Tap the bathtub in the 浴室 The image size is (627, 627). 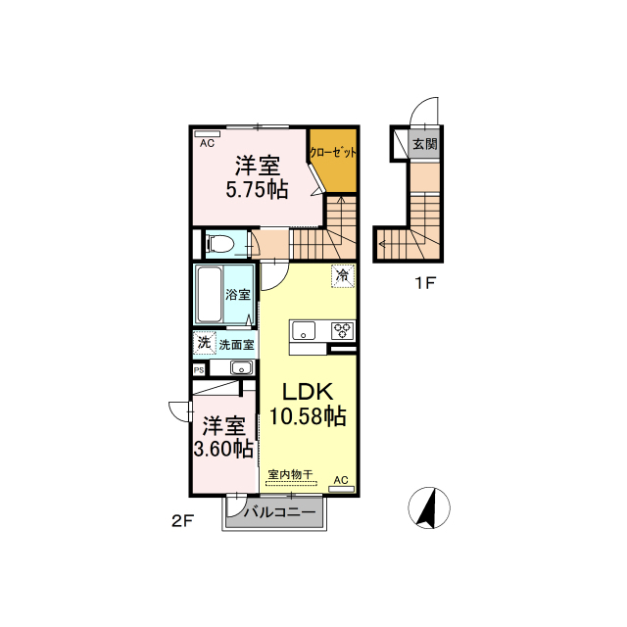[x=210, y=294]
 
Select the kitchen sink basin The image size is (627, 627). [x=304, y=331]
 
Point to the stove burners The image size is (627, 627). [x=343, y=331]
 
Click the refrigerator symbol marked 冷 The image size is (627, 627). [x=343, y=275]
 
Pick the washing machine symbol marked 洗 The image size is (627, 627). [x=205, y=343]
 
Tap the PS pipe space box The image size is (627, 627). [x=199, y=370]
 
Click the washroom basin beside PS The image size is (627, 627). [x=242, y=368]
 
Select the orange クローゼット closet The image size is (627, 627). [x=334, y=161]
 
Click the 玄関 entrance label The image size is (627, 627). [x=424, y=144]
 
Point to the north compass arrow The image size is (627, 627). [x=427, y=508]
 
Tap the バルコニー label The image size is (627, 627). [x=279, y=512]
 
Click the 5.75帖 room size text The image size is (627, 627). [x=257, y=189]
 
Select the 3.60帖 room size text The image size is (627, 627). [x=223, y=449]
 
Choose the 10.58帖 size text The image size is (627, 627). [x=308, y=415]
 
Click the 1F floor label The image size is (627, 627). [x=425, y=283]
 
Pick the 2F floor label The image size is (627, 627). [x=183, y=521]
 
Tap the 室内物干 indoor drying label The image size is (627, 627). [x=290, y=474]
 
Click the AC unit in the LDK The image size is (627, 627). [x=342, y=489]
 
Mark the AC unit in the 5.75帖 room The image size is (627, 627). [x=207, y=134]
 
